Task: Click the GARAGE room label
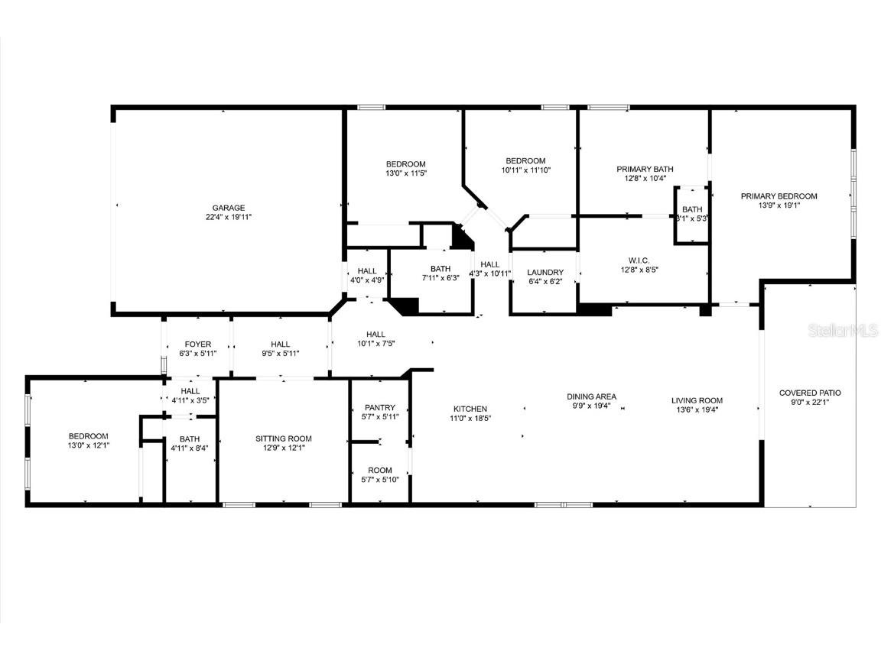coord(229,208)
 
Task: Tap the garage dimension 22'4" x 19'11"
coord(229,218)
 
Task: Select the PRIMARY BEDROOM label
coord(779,196)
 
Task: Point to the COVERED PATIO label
coord(810,393)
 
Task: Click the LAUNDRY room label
coord(545,273)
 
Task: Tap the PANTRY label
coord(380,408)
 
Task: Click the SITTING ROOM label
coord(283,439)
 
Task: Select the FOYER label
coord(197,345)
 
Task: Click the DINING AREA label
coord(591,396)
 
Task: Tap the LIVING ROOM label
coord(697,400)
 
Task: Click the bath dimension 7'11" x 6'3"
coord(440,279)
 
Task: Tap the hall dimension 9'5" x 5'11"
coord(280,354)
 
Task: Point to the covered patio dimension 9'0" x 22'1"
coord(810,403)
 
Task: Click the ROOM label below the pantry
coord(380,471)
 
